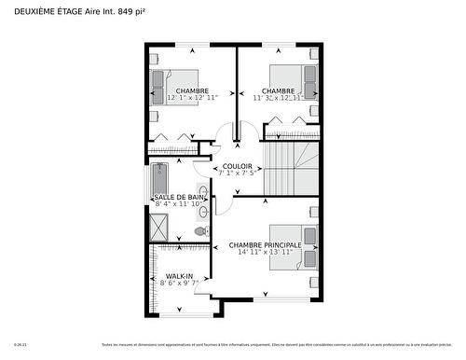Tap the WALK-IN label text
coord(179,277)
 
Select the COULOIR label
coord(237,165)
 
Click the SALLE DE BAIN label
coord(179,197)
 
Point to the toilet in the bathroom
coord(200,231)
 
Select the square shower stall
coord(159,227)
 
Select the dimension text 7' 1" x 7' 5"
coord(237,173)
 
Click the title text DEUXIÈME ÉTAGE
coord(47,10)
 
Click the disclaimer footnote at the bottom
coord(280,345)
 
